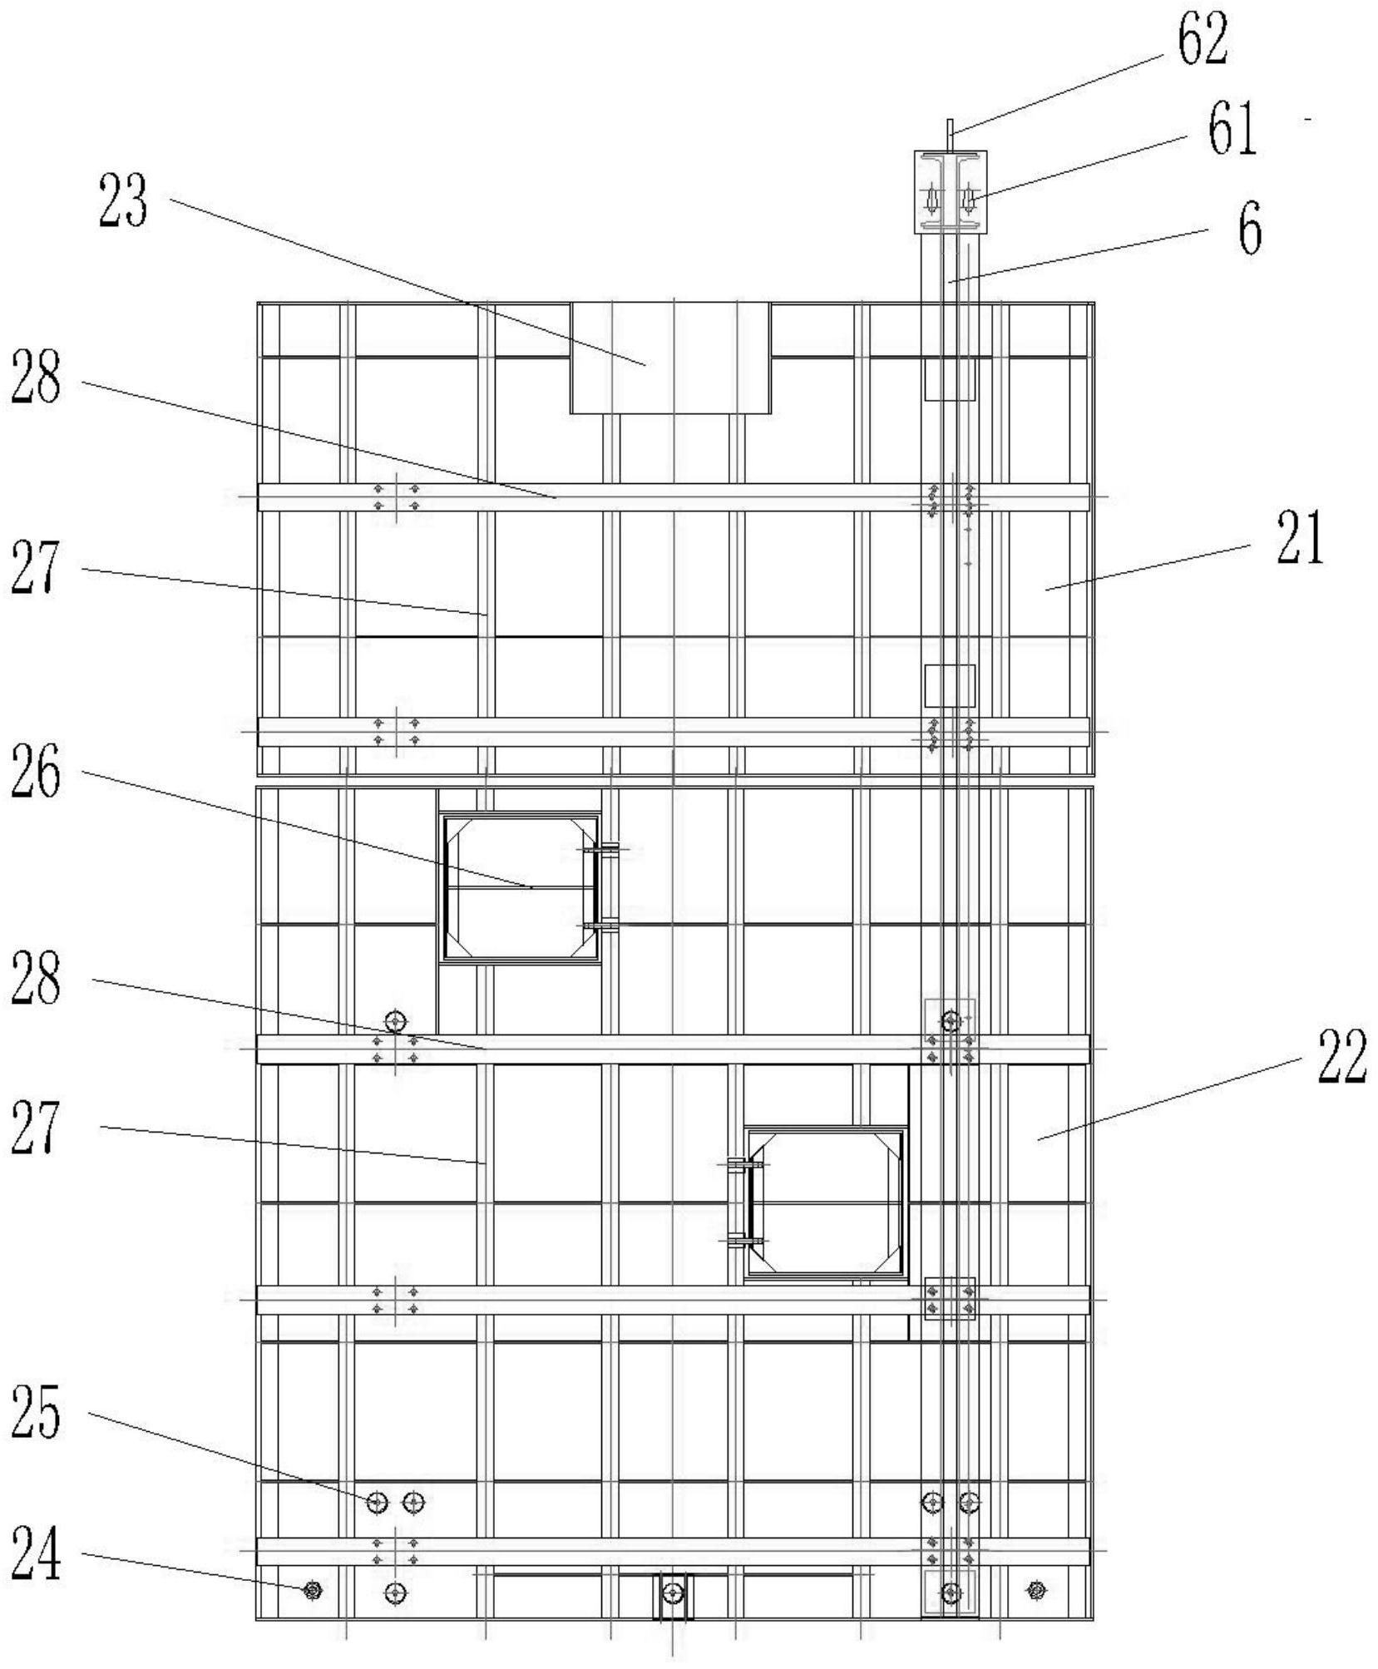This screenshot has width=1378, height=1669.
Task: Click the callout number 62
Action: click(1202, 39)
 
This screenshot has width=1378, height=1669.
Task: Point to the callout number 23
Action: click(123, 201)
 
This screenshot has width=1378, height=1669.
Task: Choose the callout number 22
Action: click(1341, 1055)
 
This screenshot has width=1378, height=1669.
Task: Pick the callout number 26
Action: click(36, 773)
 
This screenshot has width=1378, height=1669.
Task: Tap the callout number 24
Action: click(36, 1554)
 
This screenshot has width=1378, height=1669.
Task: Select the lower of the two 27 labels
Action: click(36, 1127)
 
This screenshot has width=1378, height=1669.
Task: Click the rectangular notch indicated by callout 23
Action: click(670, 358)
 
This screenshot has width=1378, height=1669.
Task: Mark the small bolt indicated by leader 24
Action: click(313, 1590)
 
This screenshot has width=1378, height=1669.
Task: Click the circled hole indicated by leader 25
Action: click(377, 1502)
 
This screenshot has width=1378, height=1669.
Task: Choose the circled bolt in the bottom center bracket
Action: click(673, 1592)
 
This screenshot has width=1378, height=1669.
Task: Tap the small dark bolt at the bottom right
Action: click(1036, 1590)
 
